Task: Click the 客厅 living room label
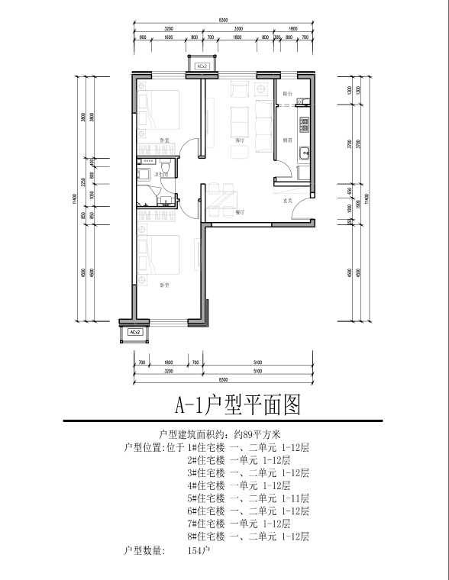tap(240, 140)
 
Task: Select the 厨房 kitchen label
tap(288, 140)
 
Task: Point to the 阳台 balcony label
tap(287, 93)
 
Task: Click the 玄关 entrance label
tap(288, 201)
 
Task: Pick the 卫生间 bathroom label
tap(162, 176)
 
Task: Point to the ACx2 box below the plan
tap(134, 333)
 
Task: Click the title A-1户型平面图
tap(238, 404)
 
